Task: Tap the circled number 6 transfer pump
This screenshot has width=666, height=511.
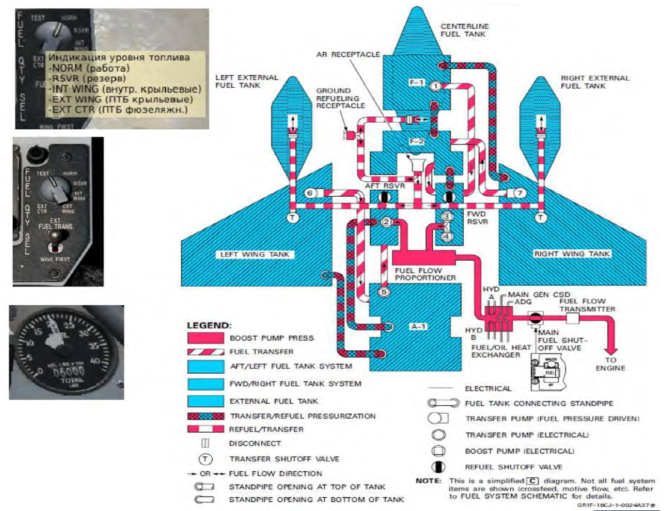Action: pos(310,193)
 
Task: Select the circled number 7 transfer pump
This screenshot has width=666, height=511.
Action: pos(521,193)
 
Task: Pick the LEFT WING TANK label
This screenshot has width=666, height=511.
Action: pos(254,255)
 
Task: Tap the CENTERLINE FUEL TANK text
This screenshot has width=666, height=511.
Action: pos(464,31)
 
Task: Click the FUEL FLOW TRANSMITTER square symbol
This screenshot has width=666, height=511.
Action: pos(572,318)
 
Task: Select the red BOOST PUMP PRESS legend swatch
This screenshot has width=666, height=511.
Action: pos(206,338)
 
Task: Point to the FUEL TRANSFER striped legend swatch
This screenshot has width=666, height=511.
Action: pos(206,352)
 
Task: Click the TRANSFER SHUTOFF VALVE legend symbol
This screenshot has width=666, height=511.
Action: pos(205,458)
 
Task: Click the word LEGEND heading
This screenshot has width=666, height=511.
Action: pos(209,325)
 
